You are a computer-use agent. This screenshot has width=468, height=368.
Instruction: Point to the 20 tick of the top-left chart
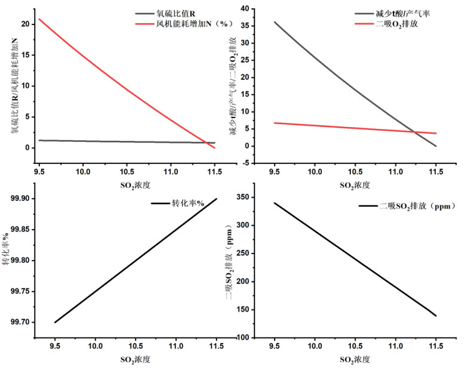(x=24, y=24)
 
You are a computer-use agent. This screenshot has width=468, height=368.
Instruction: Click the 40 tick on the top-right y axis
(x=244, y=8)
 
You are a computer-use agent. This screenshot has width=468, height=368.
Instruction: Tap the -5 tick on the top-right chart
(x=245, y=162)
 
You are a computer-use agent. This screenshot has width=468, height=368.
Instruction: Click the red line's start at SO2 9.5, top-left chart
(x=39, y=19)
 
